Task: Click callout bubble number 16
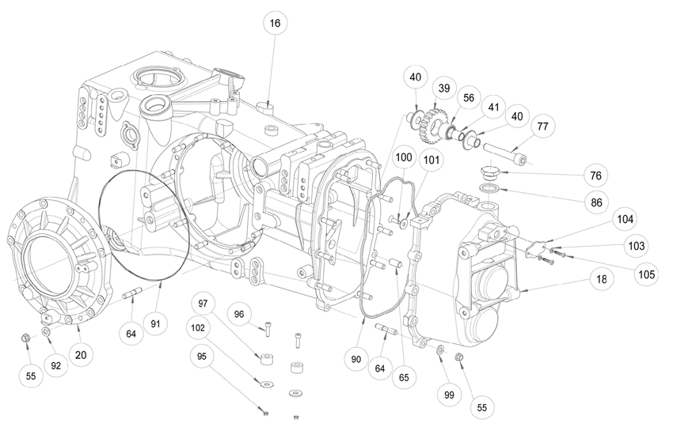coord(275,23)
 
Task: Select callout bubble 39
coord(444,89)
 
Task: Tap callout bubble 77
coord(542,126)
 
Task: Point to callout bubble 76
coord(595,176)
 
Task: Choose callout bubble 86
coord(597,202)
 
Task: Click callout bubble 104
coord(625,220)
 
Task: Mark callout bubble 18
coord(601,279)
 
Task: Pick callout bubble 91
coord(155,323)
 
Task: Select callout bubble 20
coord(81,355)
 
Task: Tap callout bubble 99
coord(449,395)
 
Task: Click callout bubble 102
coord(198,328)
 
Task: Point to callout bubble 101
coord(432,160)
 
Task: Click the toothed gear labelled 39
coord(435,122)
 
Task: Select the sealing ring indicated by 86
coord(489,188)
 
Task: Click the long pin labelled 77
coord(505,154)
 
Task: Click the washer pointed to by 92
coord(45,331)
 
